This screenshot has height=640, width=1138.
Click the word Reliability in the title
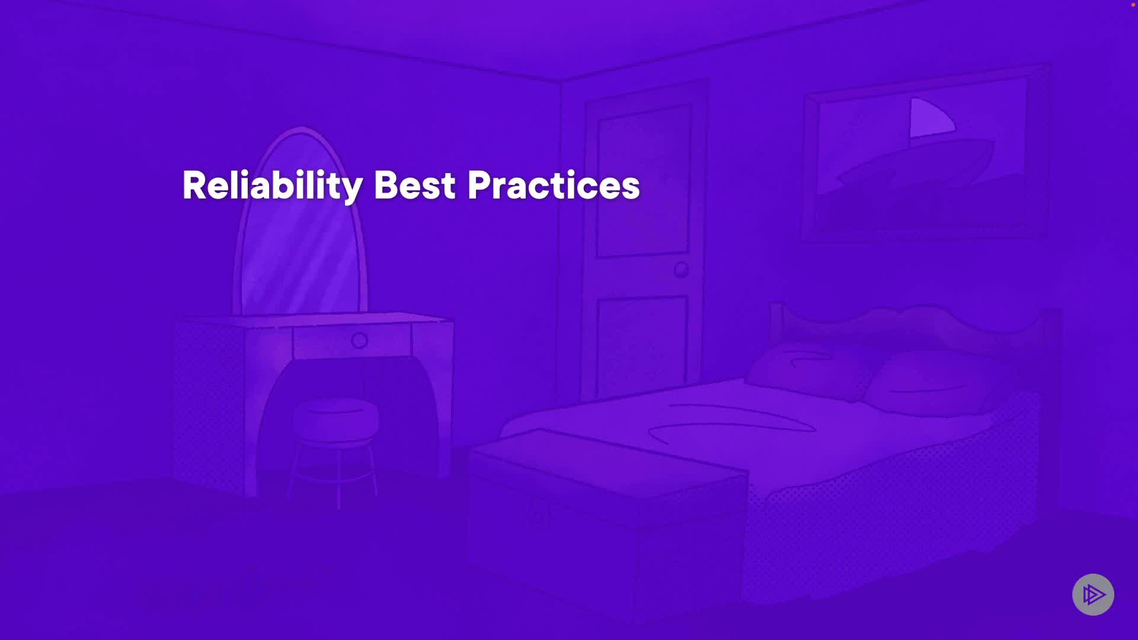tap(272, 186)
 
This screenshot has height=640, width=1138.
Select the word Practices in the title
tap(554, 185)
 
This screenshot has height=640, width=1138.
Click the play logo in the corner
tap(1094, 594)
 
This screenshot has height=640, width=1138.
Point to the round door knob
tap(681, 270)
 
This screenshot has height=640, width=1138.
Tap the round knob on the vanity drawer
tap(360, 341)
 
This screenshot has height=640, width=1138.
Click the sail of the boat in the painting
tap(931, 117)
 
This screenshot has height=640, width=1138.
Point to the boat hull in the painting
tap(916, 163)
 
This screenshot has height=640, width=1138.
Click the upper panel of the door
tap(644, 181)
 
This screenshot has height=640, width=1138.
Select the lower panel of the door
tap(642, 347)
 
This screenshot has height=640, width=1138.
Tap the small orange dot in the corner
tap(1133, 4)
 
